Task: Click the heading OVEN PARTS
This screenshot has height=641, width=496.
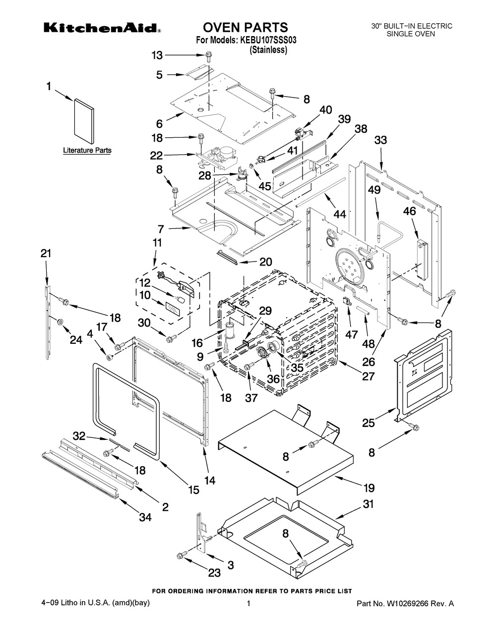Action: [x=245, y=27]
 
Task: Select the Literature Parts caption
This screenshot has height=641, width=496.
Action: [x=87, y=150]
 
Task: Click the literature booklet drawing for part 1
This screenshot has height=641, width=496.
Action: [x=84, y=121]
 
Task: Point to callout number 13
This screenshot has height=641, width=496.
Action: [x=157, y=55]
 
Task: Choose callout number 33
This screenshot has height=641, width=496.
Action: [x=380, y=140]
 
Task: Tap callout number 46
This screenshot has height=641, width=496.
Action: [x=410, y=211]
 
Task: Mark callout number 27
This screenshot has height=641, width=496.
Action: [x=368, y=376]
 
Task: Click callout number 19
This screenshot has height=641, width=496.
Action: [x=369, y=488]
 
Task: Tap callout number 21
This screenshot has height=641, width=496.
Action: [x=46, y=253]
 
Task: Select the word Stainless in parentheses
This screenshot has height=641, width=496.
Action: [x=268, y=50]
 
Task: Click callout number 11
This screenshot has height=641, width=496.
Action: [x=157, y=243]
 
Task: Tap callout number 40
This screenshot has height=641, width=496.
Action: [x=326, y=110]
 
